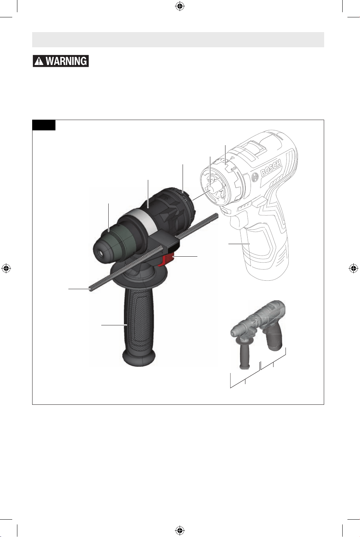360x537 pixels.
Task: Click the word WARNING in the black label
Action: (67, 61)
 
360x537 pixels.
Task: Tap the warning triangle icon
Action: (39, 61)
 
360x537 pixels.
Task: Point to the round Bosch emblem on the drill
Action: (255, 178)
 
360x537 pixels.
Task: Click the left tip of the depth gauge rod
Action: (90, 289)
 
